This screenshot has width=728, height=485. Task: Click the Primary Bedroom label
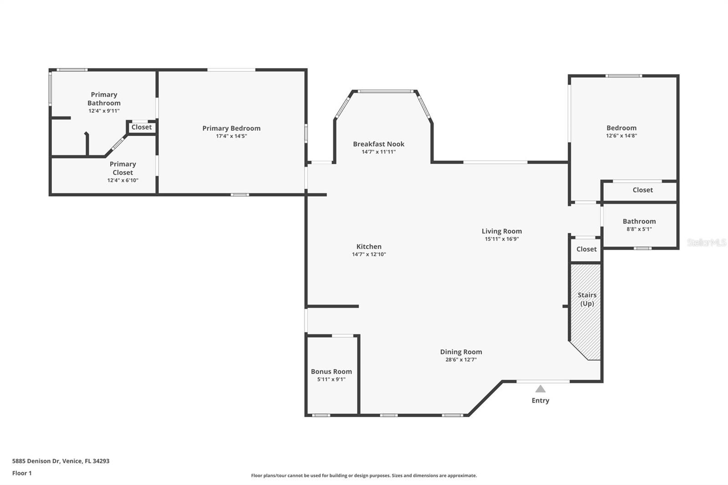point(232,128)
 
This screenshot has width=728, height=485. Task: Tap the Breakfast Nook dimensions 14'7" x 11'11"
point(379,152)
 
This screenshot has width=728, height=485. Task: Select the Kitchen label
point(369,247)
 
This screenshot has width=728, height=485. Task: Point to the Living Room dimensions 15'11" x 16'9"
point(502,239)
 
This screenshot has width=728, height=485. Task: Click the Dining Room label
point(461,352)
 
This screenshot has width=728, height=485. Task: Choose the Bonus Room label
point(331,371)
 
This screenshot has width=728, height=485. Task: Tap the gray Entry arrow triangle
point(540,389)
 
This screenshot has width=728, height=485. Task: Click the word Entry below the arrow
point(540,400)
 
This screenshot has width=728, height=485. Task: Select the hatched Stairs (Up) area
point(586,312)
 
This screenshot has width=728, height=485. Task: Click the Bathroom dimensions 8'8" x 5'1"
point(639,229)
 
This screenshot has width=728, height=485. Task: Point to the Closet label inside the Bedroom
point(642,190)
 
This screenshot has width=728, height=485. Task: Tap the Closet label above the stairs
point(586,249)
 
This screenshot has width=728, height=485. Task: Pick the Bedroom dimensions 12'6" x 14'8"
point(622,136)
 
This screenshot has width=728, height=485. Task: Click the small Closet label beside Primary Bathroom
point(142,127)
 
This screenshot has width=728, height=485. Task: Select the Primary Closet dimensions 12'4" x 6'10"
point(123,181)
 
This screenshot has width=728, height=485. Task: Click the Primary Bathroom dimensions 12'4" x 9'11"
point(104,111)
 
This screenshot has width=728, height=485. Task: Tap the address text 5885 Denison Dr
point(36,461)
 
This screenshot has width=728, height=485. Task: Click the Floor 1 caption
point(22,473)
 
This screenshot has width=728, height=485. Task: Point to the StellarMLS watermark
point(707,242)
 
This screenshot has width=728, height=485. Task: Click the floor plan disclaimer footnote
point(364,475)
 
